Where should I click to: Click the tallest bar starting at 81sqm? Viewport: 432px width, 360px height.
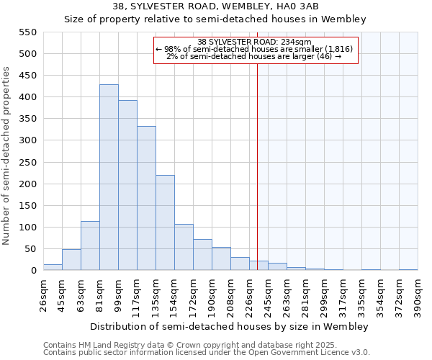(x=109, y=178)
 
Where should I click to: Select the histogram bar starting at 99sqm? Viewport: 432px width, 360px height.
(x=127, y=186)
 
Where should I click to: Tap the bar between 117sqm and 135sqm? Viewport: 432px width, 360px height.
(x=146, y=199)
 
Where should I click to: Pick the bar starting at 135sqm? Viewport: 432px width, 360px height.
(x=165, y=222)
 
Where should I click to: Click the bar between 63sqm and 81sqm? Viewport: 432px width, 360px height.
(x=90, y=246)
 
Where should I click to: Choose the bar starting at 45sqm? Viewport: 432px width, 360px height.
(x=71, y=260)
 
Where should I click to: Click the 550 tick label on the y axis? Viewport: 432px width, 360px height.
(x=27, y=32)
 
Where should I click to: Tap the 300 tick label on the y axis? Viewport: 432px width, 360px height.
(x=27, y=140)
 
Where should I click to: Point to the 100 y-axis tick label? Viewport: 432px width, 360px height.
(x=27, y=228)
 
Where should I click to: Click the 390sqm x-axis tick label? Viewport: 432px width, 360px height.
(x=418, y=295)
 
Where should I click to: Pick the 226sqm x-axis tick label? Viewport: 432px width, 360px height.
(x=249, y=295)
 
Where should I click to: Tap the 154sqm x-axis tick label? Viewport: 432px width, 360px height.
(x=174, y=295)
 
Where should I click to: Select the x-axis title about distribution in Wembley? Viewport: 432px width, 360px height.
(x=230, y=326)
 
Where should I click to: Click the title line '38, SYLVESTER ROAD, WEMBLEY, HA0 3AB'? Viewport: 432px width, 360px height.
(x=215, y=6)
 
